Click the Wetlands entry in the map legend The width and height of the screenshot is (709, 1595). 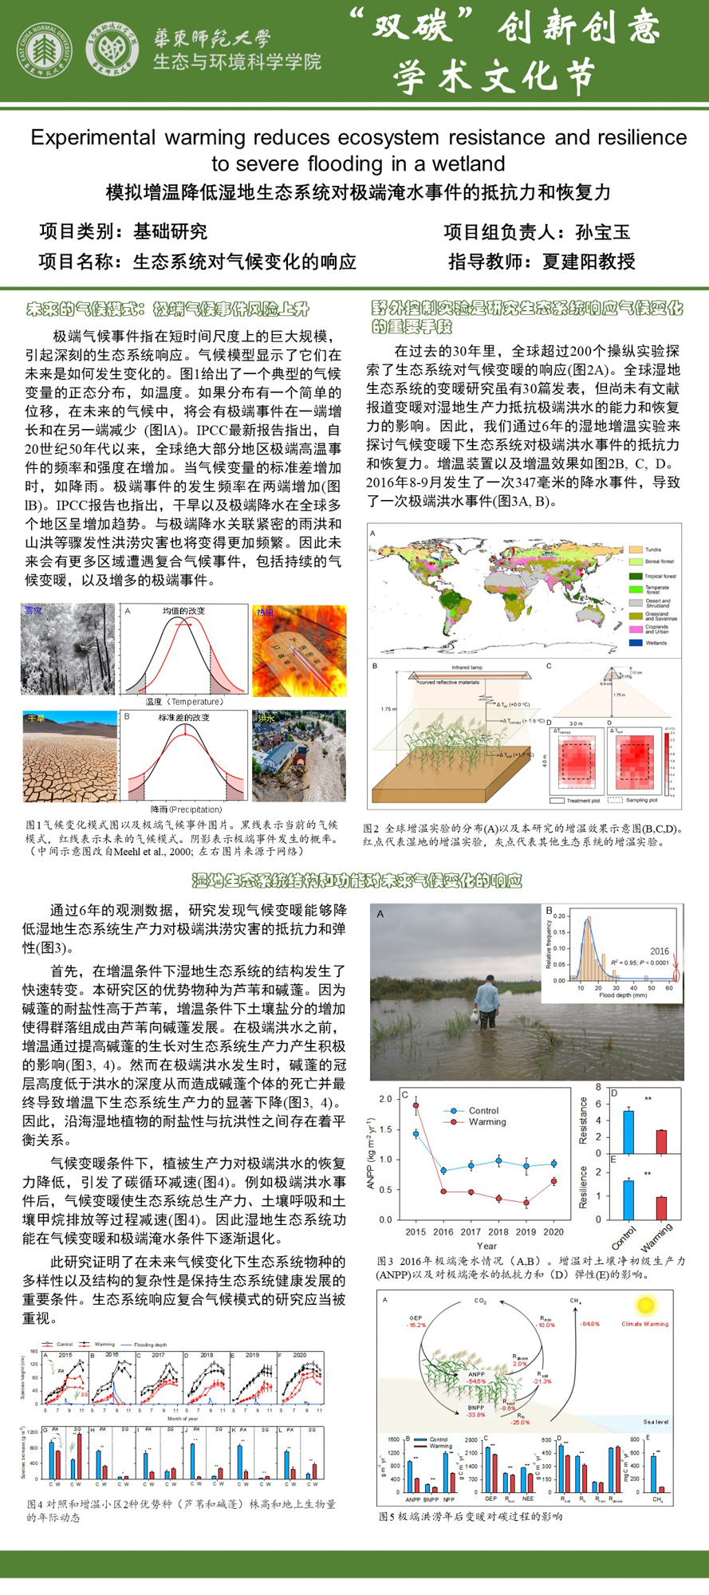coord(656,642)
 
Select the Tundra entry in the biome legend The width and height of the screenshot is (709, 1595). coord(653,549)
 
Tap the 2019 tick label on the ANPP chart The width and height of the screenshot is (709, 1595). coord(526,1231)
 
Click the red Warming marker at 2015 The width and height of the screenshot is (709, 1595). coord(416,1105)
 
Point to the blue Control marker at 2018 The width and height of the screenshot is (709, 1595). coord(498,1160)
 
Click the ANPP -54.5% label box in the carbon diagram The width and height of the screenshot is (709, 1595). coord(477,1376)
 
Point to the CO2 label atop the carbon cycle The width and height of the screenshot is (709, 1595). coord(480,1301)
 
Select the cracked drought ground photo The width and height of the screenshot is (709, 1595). coord(69,756)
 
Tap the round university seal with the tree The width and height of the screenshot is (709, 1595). coord(45,51)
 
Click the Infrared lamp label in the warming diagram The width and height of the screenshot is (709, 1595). coord(467,668)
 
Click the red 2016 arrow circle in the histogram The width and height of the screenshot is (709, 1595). coord(676,975)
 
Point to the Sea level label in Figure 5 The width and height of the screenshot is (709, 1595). coord(656,1421)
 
